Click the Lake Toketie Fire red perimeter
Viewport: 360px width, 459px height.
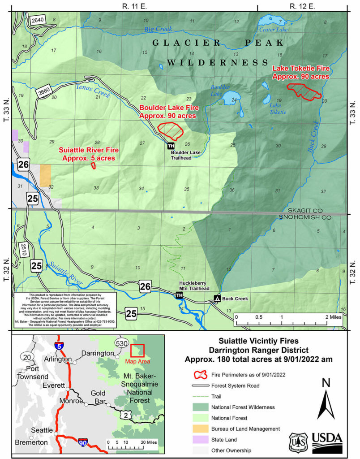[304, 91]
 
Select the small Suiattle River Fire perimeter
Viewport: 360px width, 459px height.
[93, 166]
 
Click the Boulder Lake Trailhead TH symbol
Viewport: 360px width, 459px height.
[171, 146]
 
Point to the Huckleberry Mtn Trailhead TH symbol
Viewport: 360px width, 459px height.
[179, 295]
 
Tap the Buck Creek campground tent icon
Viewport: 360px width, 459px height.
[217, 298]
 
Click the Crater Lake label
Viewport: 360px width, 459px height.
[274, 30]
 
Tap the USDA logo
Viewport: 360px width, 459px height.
[326, 441]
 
